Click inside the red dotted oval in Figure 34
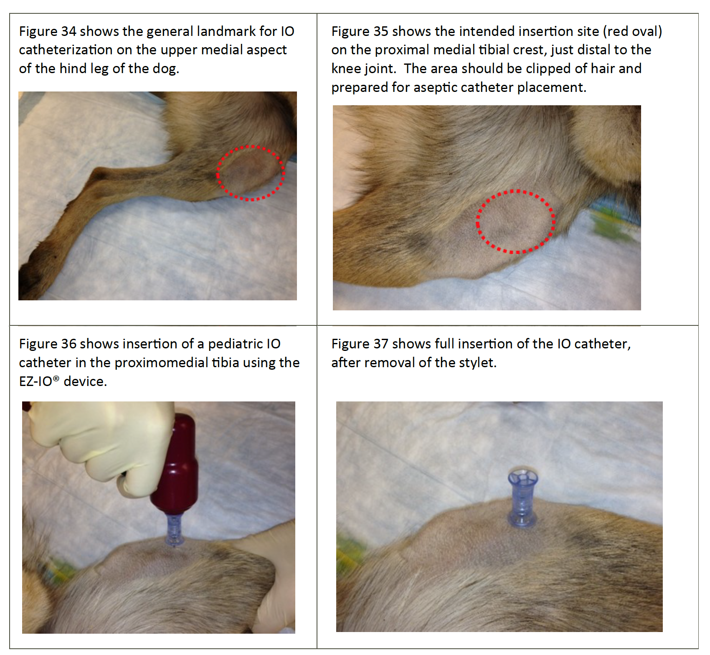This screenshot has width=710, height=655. pyautogui.click(x=251, y=173)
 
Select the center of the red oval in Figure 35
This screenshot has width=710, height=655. pyautogui.click(x=515, y=221)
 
